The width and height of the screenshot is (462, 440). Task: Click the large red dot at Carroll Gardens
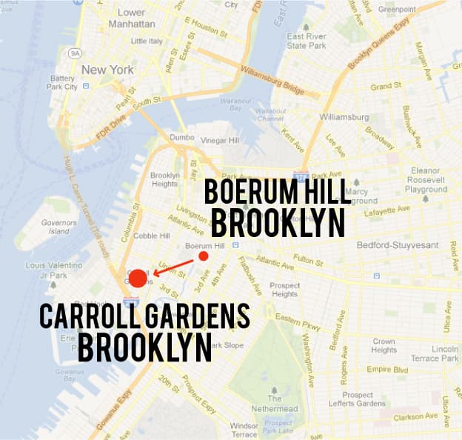tap(138, 279)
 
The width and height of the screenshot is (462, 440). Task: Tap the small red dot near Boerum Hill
tap(204, 256)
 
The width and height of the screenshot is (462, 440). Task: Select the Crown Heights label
tap(384, 346)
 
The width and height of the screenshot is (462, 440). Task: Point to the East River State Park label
tap(307, 41)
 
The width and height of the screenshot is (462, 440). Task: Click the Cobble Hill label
tap(152, 236)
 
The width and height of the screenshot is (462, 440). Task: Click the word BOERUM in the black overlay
tap(250, 192)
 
